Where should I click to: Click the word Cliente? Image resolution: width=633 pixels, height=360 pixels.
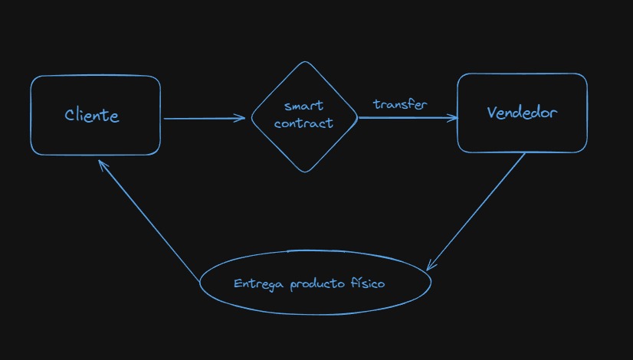point(92,116)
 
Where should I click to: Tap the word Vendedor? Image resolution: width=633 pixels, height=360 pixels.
point(522,113)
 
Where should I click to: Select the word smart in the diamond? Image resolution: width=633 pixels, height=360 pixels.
point(303,106)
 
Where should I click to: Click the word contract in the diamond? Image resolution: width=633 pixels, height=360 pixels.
point(303,123)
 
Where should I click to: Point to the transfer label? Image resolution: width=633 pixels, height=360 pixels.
point(400,103)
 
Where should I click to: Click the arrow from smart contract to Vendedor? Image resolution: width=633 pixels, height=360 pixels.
point(406,118)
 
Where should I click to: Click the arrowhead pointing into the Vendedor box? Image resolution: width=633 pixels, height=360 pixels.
point(453,118)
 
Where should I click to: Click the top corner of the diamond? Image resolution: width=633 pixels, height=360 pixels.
point(304,63)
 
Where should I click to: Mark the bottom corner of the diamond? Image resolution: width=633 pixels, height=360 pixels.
point(305,172)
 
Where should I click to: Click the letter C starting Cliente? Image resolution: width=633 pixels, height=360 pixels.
point(70,116)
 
